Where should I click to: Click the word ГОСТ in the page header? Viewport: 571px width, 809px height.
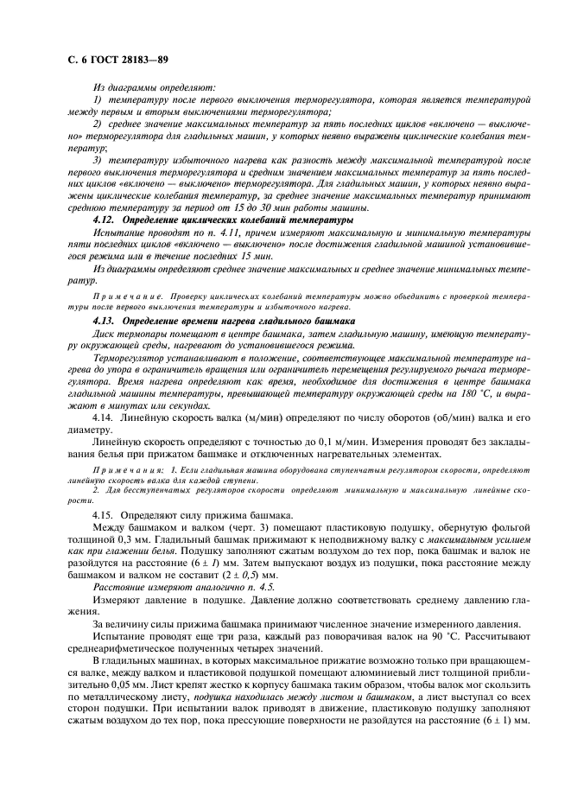(95, 61)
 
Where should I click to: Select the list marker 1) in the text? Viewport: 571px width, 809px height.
(98, 101)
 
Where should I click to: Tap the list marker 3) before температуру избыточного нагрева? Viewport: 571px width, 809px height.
(98, 160)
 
